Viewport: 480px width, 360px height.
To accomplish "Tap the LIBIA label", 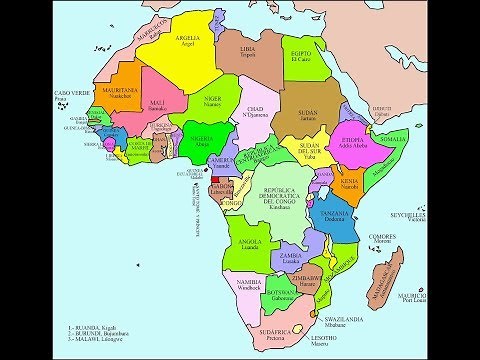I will (x=249, y=47).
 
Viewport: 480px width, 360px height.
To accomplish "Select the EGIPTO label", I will (x=302, y=49).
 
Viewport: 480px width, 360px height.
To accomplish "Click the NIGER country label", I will (x=212, y=99).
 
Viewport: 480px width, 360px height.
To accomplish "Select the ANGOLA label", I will (x=254, y=241).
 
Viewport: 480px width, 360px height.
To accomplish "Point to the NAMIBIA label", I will (x=247, y=284).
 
